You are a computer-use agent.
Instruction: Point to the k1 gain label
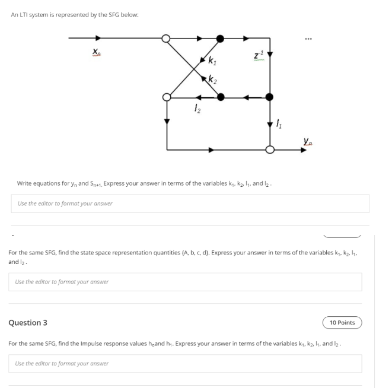click(x=212, y=59)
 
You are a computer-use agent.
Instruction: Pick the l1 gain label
click(x=280, y=123)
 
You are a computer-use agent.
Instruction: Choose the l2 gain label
click(x=197, y=108)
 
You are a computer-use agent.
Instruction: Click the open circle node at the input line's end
click(x=167, y=39)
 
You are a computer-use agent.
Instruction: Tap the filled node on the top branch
click(x=220, y=39)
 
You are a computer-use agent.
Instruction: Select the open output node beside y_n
click(x=270, y=150)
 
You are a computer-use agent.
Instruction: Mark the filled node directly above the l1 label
click(x=270, y=97)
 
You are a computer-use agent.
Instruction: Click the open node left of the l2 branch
click(x=167, y=97)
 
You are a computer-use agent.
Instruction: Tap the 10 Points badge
click(x=342, y=323)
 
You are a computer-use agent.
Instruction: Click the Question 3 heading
click(x=28, y=323)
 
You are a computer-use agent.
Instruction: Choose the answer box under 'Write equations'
click(x=190, y=203)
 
